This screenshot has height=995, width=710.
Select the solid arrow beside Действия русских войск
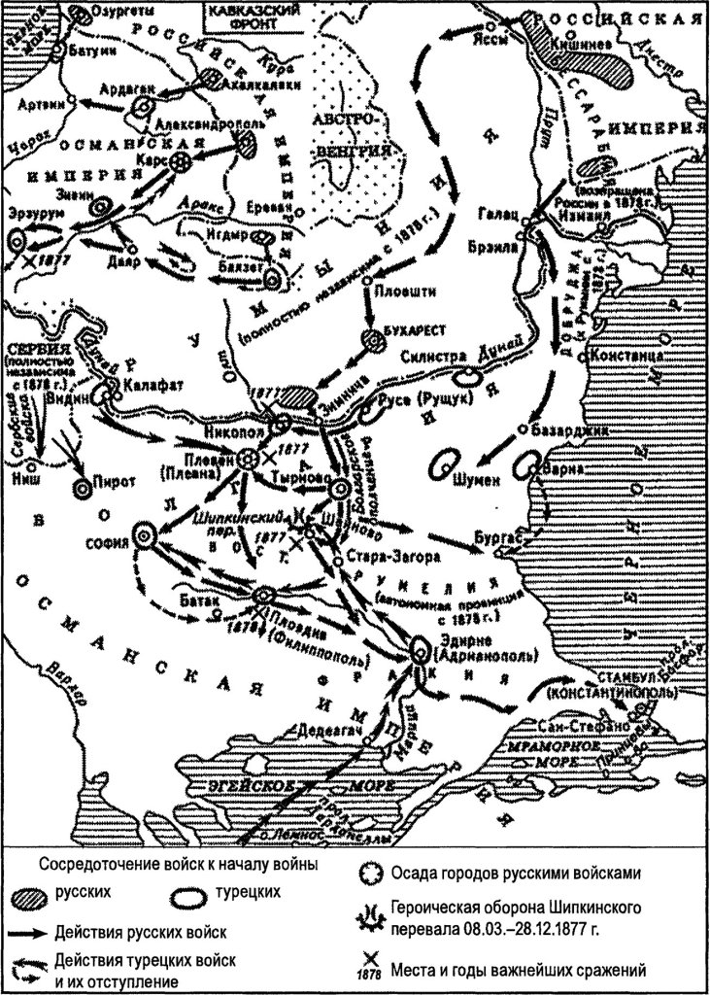pos(38,931)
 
